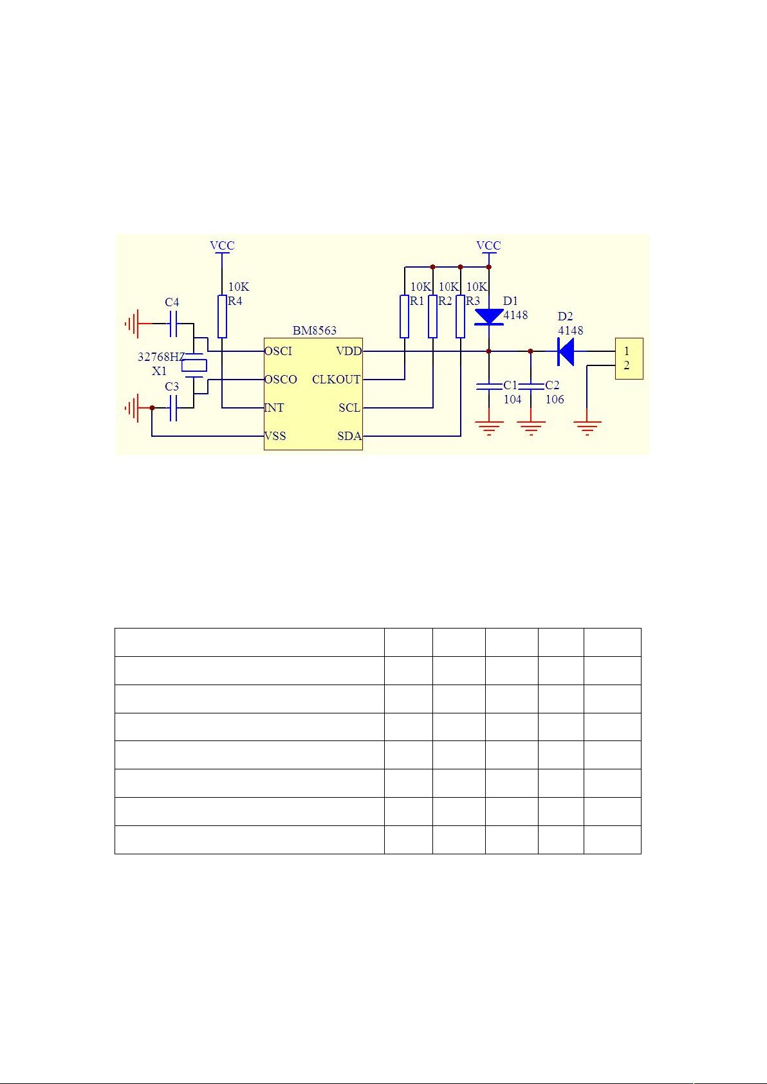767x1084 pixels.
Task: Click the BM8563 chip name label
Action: pyautogui.click(x=315, y=331)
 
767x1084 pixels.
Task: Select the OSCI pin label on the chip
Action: pyautogui.click(x=278, y=351)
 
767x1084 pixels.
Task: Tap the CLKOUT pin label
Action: pyautogui.click(x=337, y=380)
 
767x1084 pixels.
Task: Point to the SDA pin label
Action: pyautogui.click(x=349, y=436)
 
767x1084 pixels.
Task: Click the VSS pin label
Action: pyautogui.click(x=275, y=436)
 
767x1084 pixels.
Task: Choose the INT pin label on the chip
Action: pyautogui.click(x=274, y=408)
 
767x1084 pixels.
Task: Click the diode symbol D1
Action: pyautogui.click(x=489, y=317)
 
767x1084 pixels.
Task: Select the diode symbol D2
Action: pyautogui.click(x=566, y=351)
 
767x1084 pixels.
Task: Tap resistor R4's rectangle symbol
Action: pyautogui.click(x=222, y=316)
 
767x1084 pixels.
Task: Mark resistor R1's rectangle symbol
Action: pyautogui.click(x=405, y=316)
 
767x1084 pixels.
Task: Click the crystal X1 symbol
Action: pyautogui.click(x=194, y=365)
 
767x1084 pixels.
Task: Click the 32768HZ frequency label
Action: pyautogui.click(x=162, y=357)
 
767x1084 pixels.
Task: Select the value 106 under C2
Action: pyautogui.click(x=555, y=400)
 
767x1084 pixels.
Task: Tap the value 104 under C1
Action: pyautogui.click(x=512, y=400)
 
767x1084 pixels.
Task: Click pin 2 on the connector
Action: pyautogui.click(x=627, y=366)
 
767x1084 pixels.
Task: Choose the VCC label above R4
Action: pyautogui.click(x=222, y=246)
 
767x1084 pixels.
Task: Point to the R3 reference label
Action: pyautogui.click(x=473, y=301)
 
